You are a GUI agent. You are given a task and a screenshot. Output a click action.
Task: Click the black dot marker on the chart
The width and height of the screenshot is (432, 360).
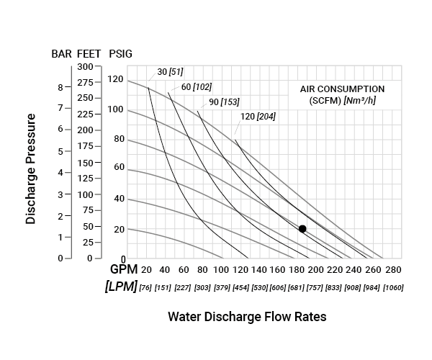pos(302,229)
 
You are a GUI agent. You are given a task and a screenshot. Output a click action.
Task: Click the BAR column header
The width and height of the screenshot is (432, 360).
pos(60,54)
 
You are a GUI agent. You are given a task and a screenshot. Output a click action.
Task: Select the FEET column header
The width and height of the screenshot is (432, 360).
pos(89,54)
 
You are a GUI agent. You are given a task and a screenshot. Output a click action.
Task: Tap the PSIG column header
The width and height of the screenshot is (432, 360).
pos(120,54)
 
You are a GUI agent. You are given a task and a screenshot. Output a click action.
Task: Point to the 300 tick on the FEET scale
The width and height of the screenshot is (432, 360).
pos(86,66)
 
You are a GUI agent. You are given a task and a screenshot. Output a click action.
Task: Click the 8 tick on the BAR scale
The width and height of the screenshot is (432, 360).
pos(60,86)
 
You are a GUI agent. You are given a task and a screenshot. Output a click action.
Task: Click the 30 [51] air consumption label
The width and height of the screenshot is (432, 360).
pos(170,72)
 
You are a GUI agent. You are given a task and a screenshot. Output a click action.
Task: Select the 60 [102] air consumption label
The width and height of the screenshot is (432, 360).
pos(197,86)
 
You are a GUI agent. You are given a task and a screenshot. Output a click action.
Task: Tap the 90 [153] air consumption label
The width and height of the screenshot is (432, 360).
pos(224,102)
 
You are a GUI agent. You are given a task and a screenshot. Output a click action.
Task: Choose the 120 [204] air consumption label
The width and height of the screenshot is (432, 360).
pos(258,116)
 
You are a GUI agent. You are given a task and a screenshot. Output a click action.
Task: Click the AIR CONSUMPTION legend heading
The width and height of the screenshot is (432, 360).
pos(342,89)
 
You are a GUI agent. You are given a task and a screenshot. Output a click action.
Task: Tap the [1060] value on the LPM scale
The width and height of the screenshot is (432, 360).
pos(393,287)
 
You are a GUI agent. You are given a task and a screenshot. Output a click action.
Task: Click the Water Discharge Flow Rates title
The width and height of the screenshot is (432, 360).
pos(247,317)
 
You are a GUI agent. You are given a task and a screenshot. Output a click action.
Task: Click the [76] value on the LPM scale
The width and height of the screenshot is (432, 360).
pos(145,287)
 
